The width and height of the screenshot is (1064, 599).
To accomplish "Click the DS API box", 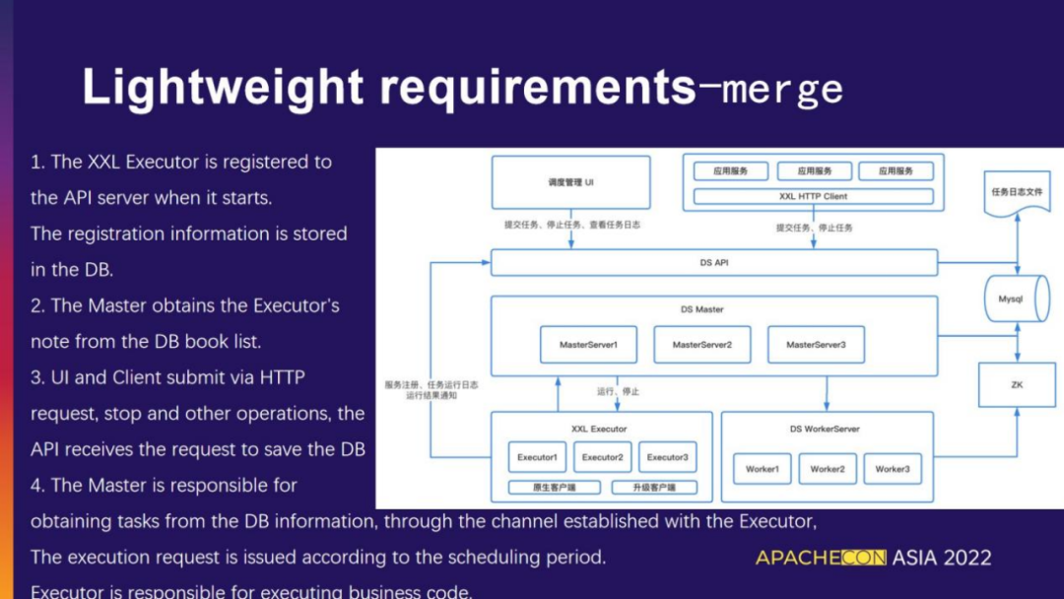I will pyautogui.click(x=713, y=262).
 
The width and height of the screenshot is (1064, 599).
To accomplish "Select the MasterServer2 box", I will pyautogui.click(x=701, y=345).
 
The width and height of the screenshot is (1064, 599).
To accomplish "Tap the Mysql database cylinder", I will pyautogui.click(x=1012, y=299).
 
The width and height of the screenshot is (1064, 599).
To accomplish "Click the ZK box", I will pyautogui.click(x=1016, y=385).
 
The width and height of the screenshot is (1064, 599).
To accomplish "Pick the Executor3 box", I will pyautogui.click(x=667, y=457).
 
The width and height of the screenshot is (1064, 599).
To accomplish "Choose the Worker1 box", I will pyautogui.click(x=762, y=469).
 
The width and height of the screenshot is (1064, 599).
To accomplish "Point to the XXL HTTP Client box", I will pyautogui.click(x=813, y=196).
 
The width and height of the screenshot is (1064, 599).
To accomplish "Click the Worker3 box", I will pyautogui.click(x=892, y=469).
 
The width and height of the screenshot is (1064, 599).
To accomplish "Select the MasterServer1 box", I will pyautogui.click(x=588, y=345).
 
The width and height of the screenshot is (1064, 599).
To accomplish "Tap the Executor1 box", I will pyautogui.click(x=537, y=457).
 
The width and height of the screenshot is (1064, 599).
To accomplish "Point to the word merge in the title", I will pyautogui.click(x=783, y=90).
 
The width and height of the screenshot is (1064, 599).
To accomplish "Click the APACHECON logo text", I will pyautogui.click(x=821, y=558).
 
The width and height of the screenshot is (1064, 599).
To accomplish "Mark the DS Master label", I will pyautogui.click(x=701, y=309).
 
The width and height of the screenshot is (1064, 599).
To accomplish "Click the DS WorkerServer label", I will pyautogui.click(x=825, y=429).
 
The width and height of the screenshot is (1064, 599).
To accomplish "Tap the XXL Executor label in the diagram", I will pyautogui.click(x=599, y=429).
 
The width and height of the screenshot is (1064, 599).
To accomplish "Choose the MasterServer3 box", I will pyautogui.click(x=816, y=345).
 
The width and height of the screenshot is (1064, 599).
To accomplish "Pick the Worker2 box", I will pyautogui.click(x=827, y=469).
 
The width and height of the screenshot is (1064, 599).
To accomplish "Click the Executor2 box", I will pyautogui.click(x=602, y=457).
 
